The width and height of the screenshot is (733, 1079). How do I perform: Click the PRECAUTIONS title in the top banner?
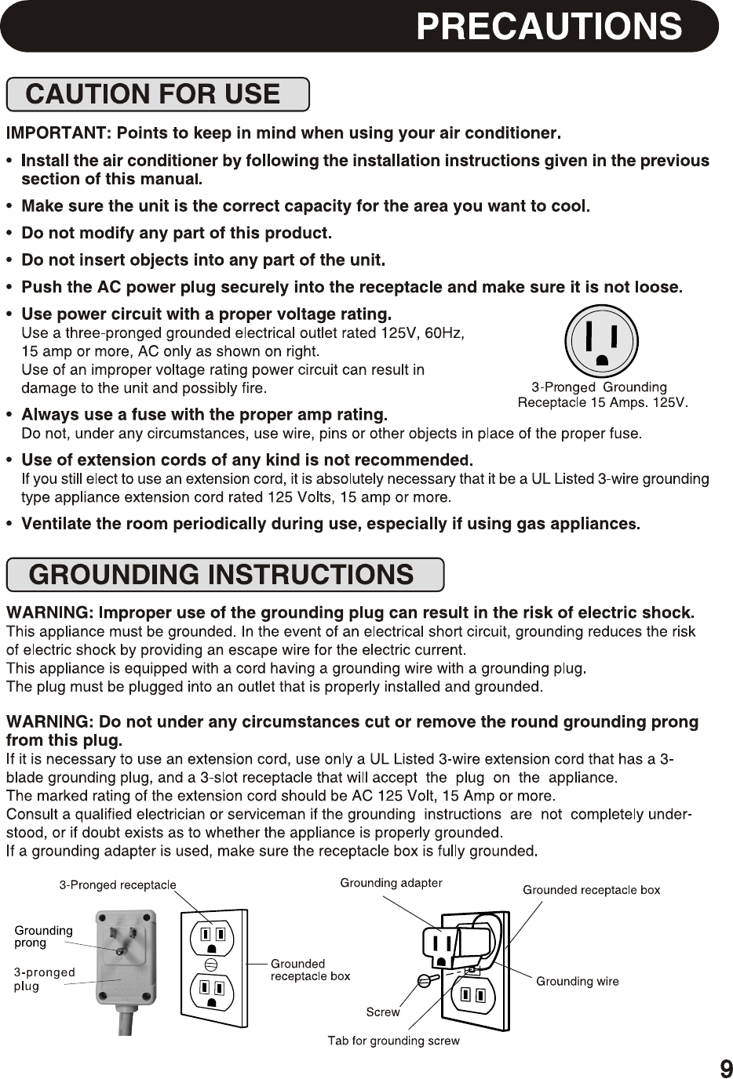click(x=549, y=26)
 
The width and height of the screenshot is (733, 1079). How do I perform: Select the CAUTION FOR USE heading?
click(x=153, y=95)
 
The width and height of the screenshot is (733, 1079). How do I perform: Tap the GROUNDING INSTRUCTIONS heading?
click(x=221, y=575)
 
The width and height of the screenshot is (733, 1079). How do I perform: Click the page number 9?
click(x=726, y=1068)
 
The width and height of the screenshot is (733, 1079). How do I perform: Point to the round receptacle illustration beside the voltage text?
click(x=602, y=342)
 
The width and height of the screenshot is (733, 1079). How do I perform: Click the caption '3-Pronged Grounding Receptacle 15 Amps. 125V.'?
click(x=602, y=395)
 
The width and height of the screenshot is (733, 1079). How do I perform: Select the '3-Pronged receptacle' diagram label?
click(x=119, y=885)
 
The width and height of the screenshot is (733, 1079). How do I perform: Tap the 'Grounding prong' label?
click(x=44, y=936)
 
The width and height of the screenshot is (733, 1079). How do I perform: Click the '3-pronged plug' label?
click(x=44, y=979)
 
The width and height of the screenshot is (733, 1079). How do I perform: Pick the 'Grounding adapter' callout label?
click(x=391, y=883)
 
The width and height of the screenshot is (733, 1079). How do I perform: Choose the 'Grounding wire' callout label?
click(x=577, y=981)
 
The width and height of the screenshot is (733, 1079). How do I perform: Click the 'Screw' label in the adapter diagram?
click(x=383, y=1012)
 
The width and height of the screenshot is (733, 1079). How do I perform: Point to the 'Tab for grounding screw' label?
click(x=393, y=1041)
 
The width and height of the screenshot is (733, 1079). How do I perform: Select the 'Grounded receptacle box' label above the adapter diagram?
click(x=591, y=890)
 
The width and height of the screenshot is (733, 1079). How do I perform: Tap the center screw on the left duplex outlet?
click(x=210, y=965)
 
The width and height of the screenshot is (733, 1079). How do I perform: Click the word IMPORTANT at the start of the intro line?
click(x=49, y=133)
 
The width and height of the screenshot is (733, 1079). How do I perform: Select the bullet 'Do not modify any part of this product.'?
click(x=177, y=233)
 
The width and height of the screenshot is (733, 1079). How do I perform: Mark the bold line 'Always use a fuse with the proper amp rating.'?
click(x=204, y=414)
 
